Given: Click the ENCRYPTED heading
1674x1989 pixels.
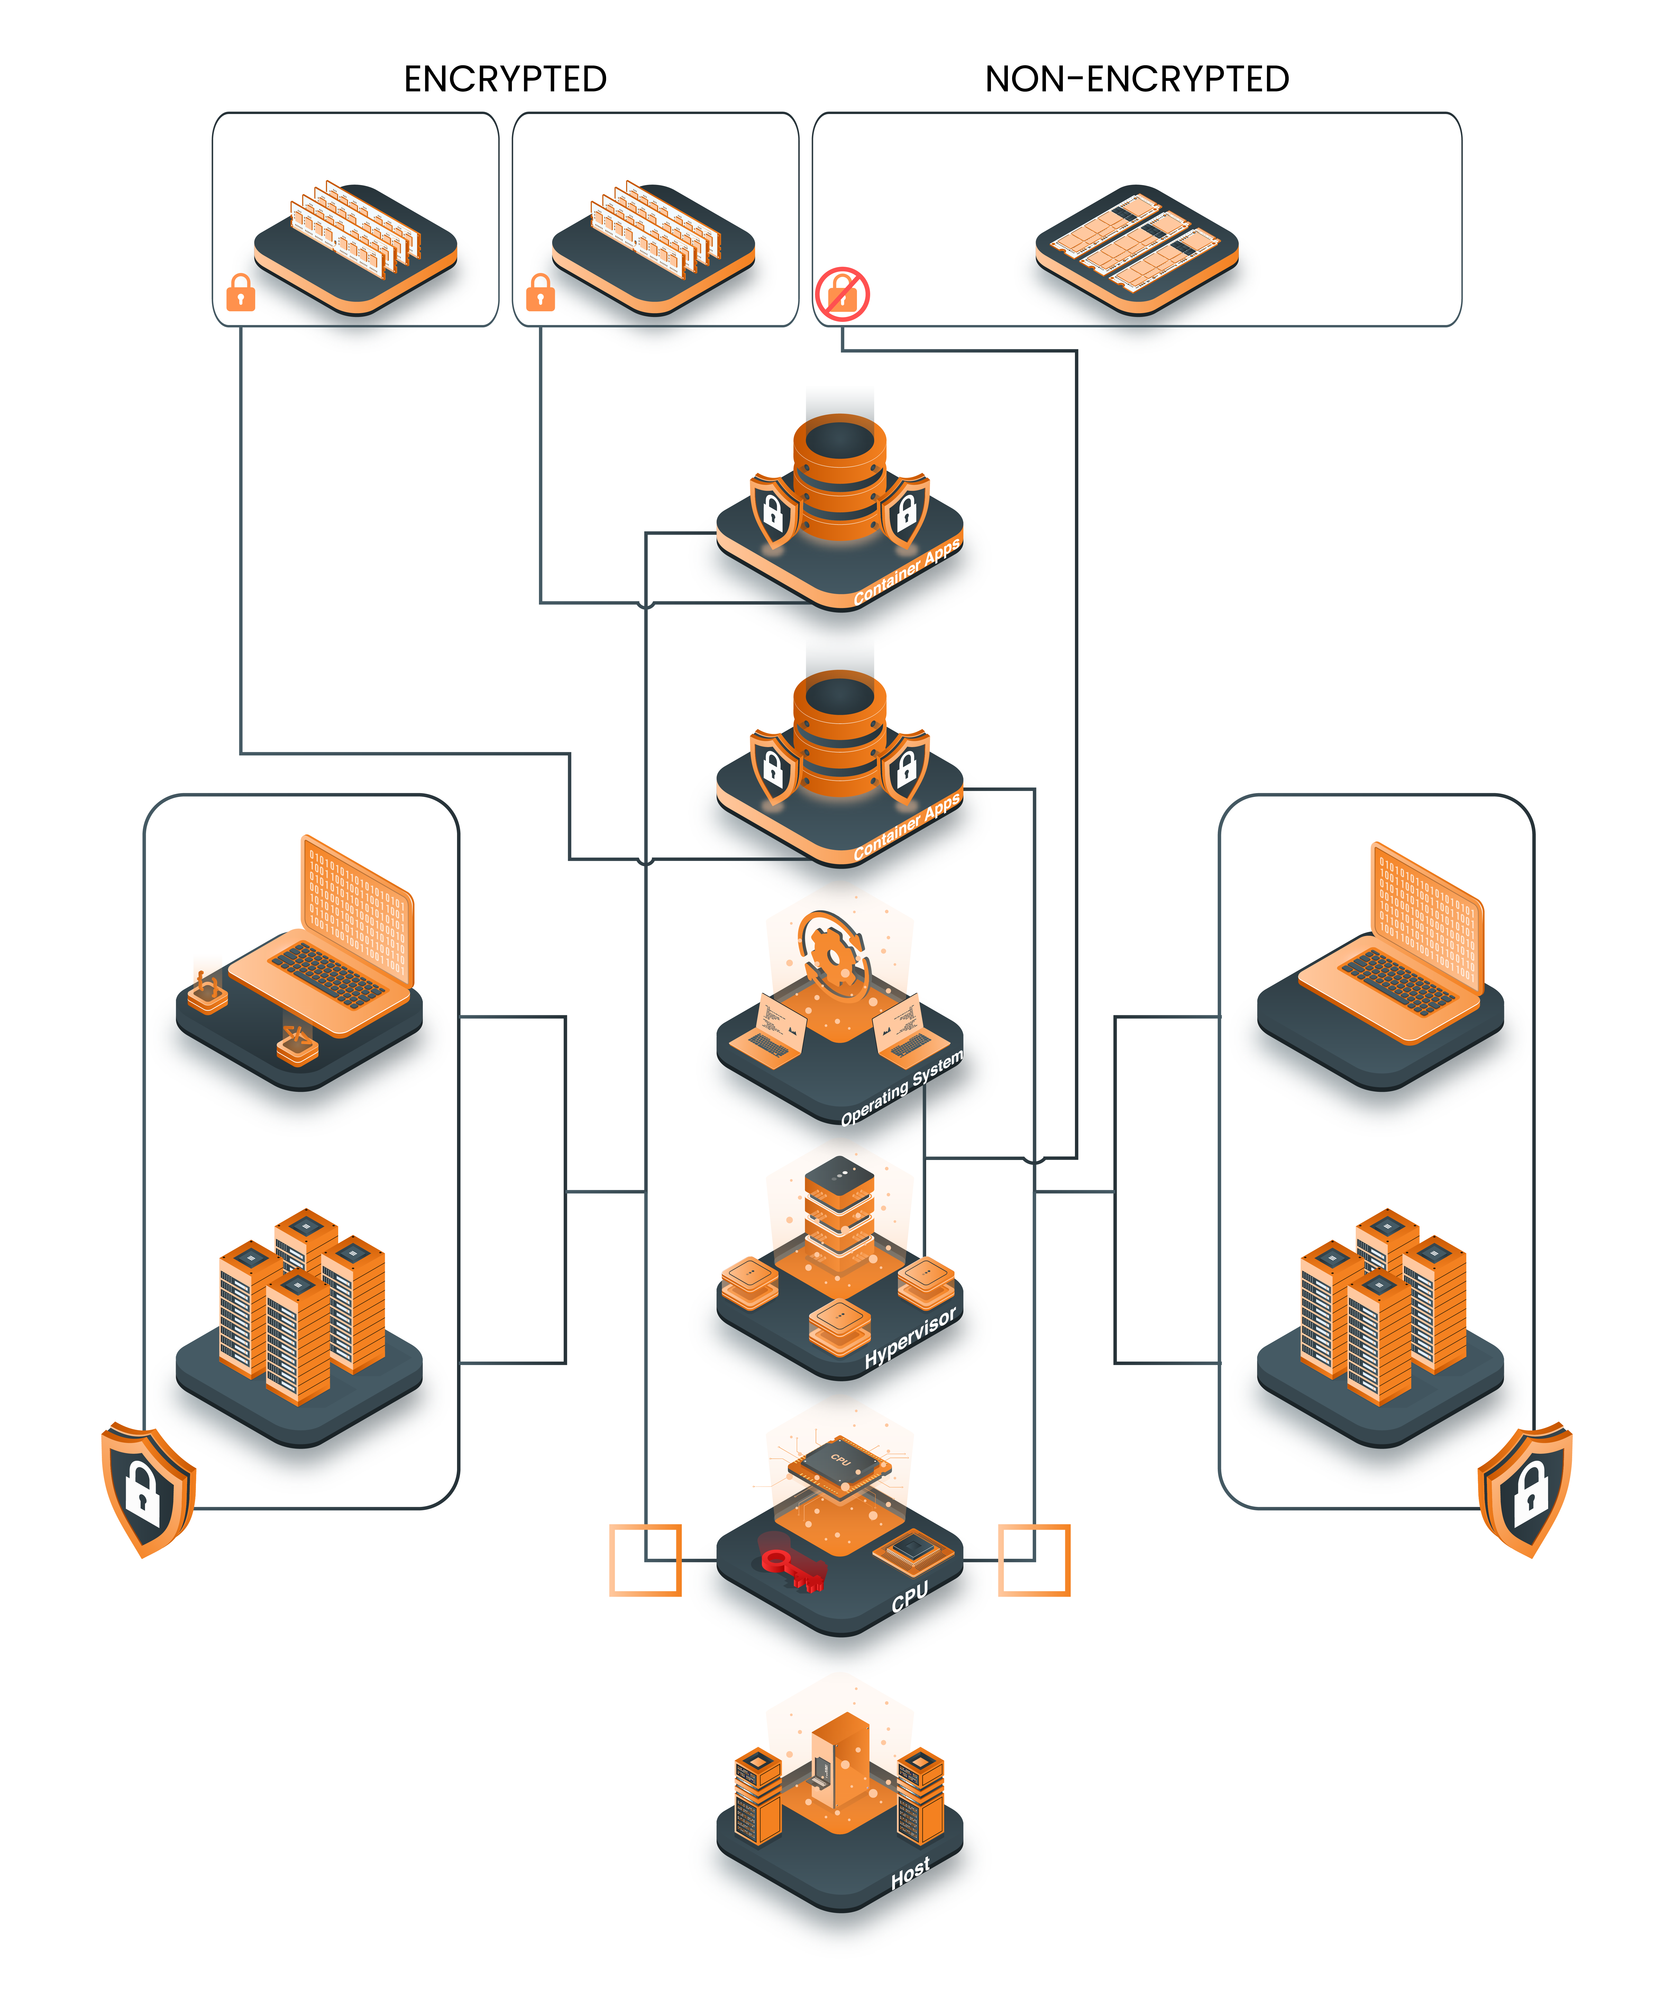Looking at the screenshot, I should [x=505, y=79].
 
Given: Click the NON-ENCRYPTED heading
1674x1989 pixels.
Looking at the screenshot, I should [x=1137, y=79].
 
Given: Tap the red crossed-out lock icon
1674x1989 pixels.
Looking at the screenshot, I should [x=842, y=294].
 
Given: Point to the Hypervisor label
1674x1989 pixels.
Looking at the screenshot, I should [x=909, y=1338].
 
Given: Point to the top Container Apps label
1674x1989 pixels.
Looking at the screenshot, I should [x=906, y=571].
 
